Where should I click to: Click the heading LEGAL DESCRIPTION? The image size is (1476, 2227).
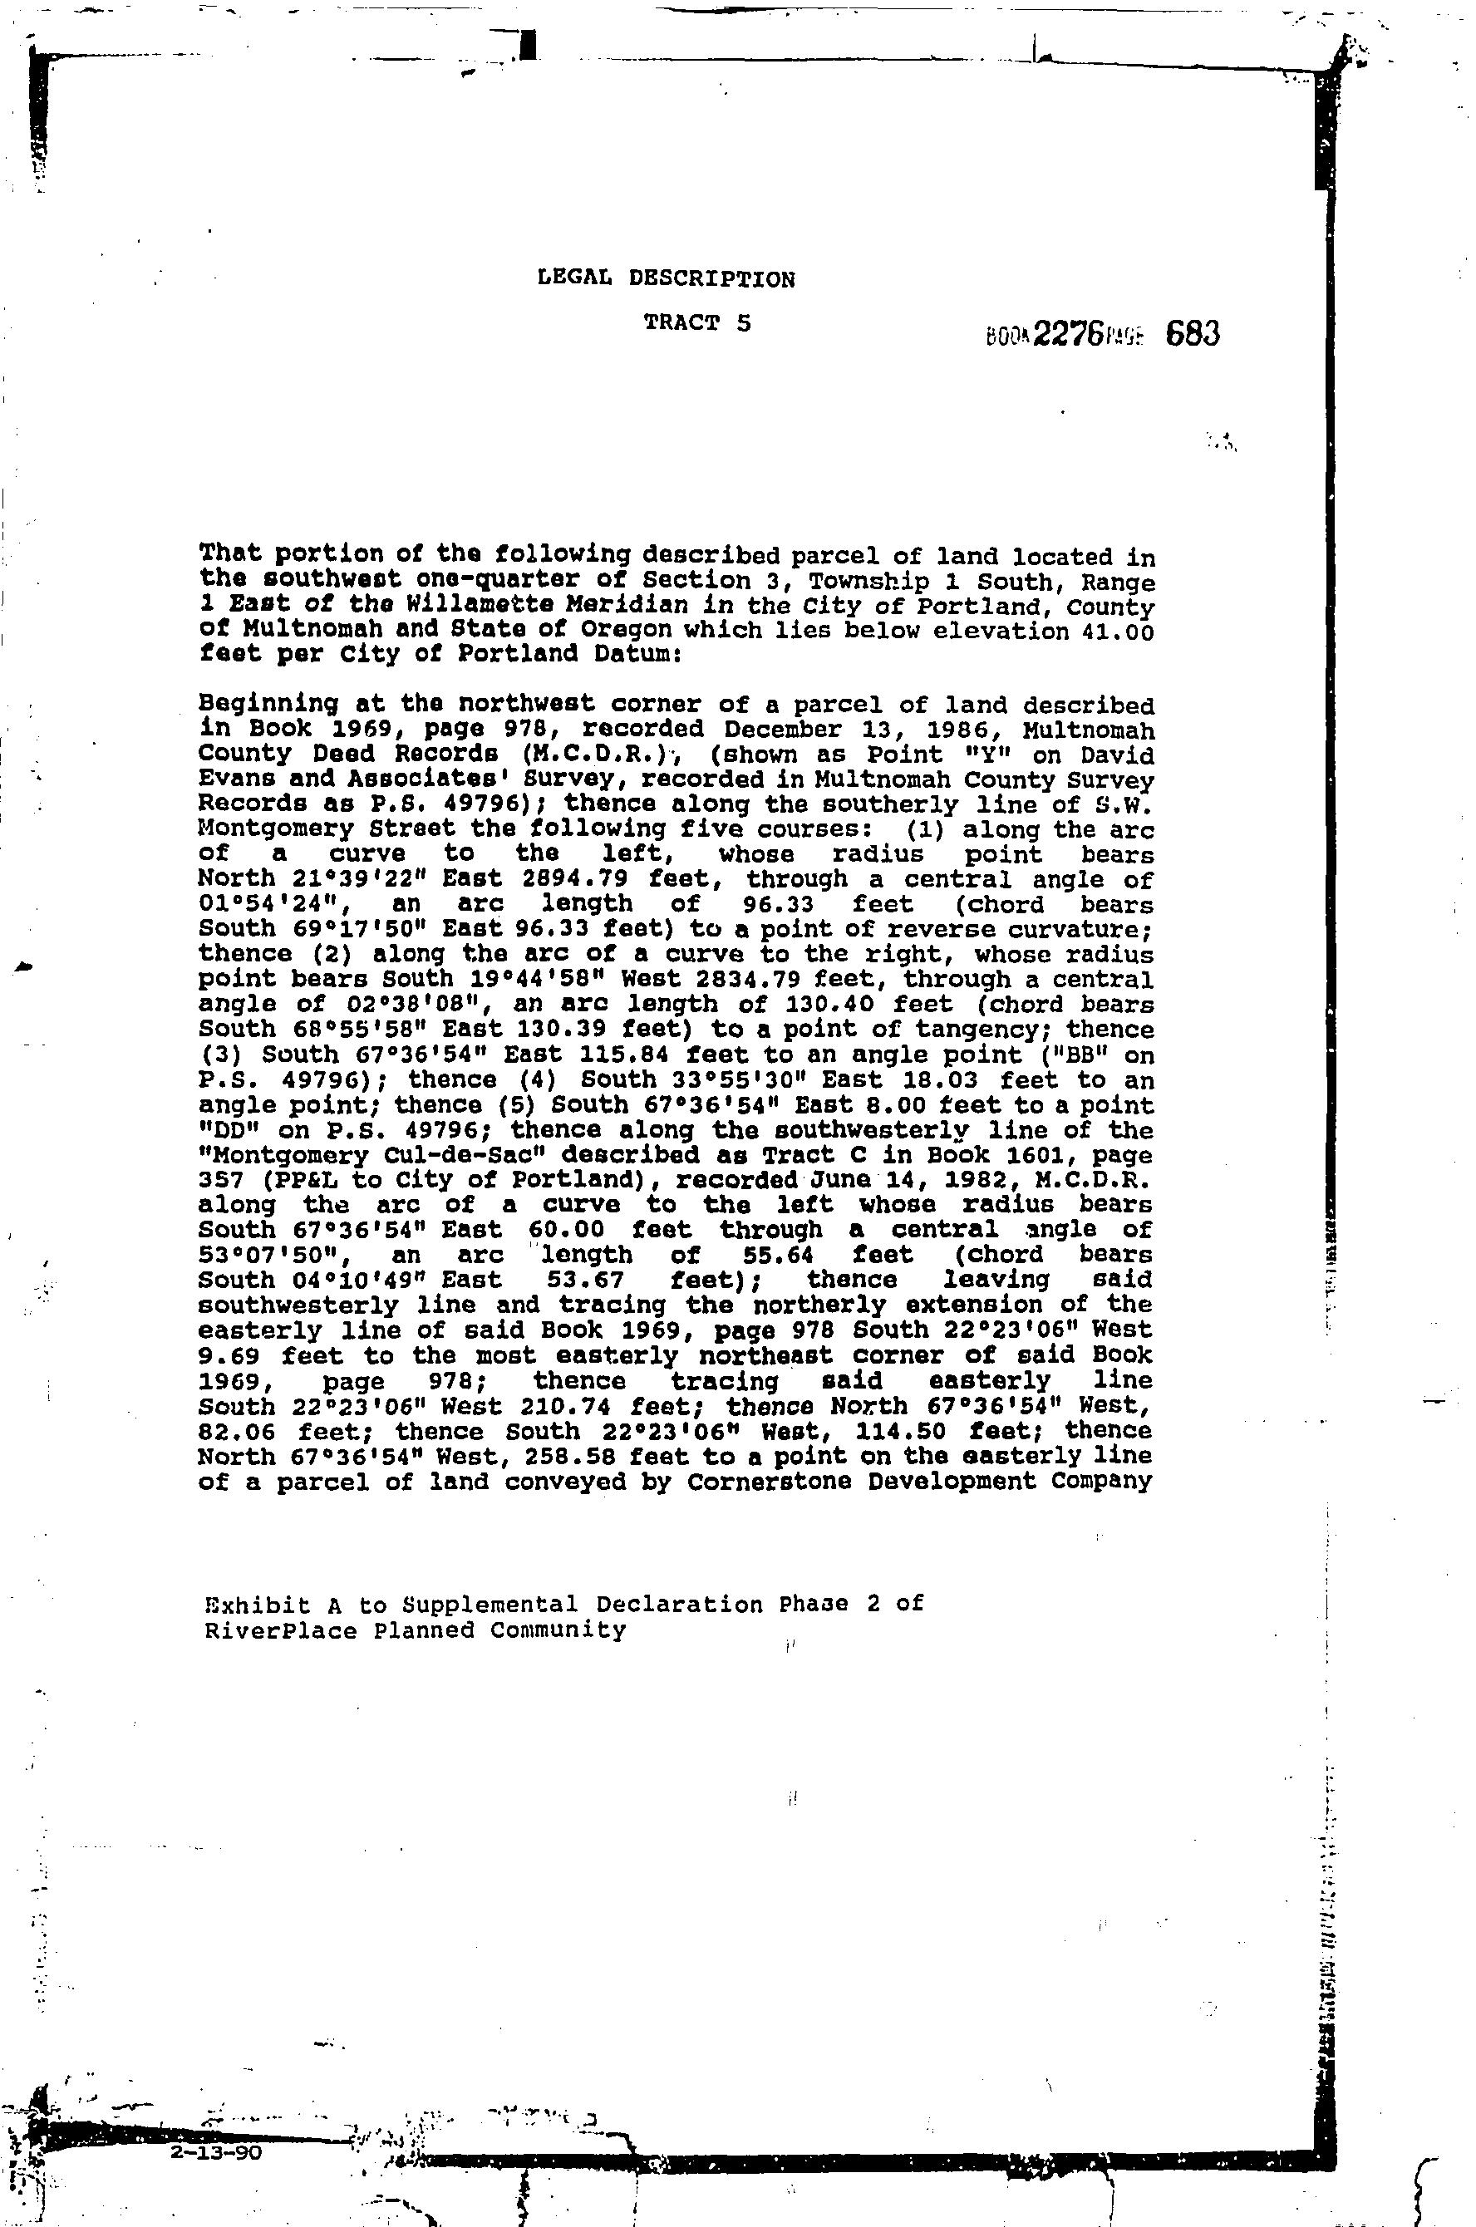[x=666, y=278]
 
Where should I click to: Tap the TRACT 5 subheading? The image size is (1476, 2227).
[x=697, y=323]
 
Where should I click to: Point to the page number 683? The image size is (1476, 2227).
[x=1193, y=334]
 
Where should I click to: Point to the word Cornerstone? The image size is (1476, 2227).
[x=766, y=1482]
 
